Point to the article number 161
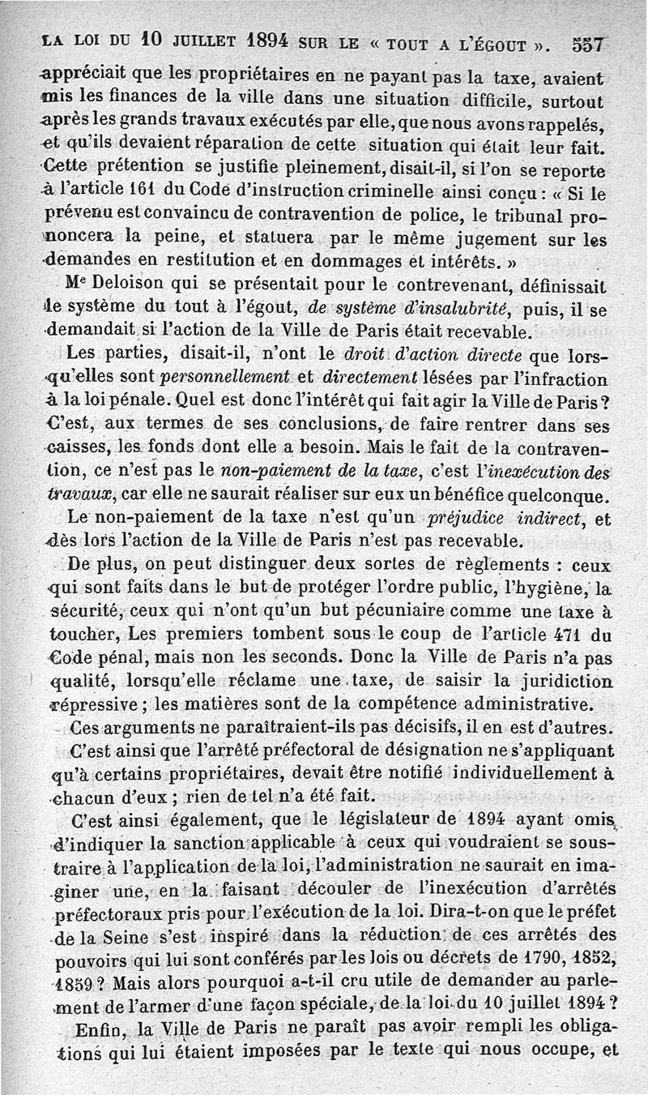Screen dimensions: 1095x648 [134, 196]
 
